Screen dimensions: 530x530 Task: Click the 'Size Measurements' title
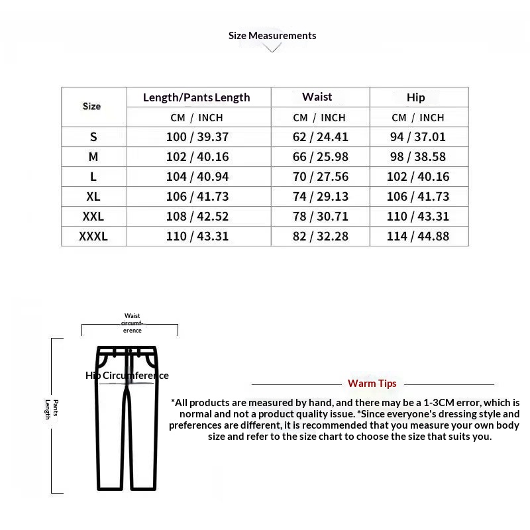[x=272, y=36]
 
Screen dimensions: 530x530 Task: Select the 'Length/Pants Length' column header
[x=197, y=97]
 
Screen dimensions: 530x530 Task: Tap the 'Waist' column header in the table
[x=317, y=97]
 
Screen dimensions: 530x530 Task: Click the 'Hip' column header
[x=416, y=97]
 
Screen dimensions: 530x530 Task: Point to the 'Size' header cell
[x=92, y=106]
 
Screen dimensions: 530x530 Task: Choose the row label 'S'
[x=93, y=137]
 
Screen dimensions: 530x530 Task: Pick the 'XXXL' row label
[x=93, y=237]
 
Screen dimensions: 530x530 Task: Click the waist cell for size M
[x=321, y=157]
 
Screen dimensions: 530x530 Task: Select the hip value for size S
[x=418, y=137]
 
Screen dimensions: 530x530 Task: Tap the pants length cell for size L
[x=197, y=177]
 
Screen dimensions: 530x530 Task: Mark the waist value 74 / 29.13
[x=321, y=197]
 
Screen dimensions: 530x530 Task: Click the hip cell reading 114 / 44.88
[x=418, y=237]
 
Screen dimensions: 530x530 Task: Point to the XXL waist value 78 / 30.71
[x=321, y=217]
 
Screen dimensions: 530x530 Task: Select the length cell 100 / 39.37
[x=197, y=137]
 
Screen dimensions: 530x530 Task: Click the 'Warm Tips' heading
[x=372, y=384]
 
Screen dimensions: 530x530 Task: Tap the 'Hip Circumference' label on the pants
[x=127, y=376]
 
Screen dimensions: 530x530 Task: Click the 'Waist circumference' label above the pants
[x=132, y=323]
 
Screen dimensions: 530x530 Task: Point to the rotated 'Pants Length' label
[x=52, y=409]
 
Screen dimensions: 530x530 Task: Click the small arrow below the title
[x=272, y=48]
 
